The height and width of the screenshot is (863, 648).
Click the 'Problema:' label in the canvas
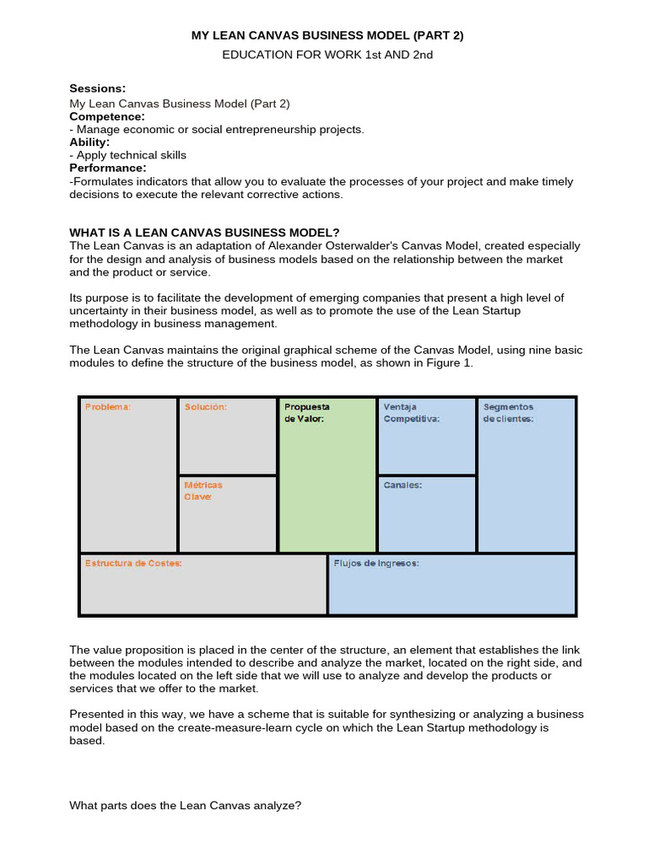[107, 407]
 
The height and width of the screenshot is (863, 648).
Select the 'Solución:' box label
[206, 407]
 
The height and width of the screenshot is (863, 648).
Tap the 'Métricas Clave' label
[203, 490]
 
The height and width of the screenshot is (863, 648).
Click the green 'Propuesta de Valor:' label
[307, 412]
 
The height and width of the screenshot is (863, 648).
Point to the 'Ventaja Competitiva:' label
[411, 412]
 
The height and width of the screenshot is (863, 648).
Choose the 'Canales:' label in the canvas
[402, 485]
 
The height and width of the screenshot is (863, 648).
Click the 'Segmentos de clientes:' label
[508, 412]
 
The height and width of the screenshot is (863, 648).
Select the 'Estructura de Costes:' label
[133, 563]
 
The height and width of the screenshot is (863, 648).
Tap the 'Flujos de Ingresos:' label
[376, 563]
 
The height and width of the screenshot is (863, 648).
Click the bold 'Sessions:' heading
[97, 88]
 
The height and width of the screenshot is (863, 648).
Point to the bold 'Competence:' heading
[107, 116]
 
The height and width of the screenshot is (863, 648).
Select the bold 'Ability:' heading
[89, 142]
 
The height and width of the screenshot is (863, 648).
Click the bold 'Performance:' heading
[108, 168]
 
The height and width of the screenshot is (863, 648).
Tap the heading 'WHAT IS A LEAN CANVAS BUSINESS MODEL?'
[204, 233]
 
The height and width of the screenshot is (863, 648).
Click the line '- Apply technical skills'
[127, 155]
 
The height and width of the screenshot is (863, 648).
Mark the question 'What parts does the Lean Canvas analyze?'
[185, 806]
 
